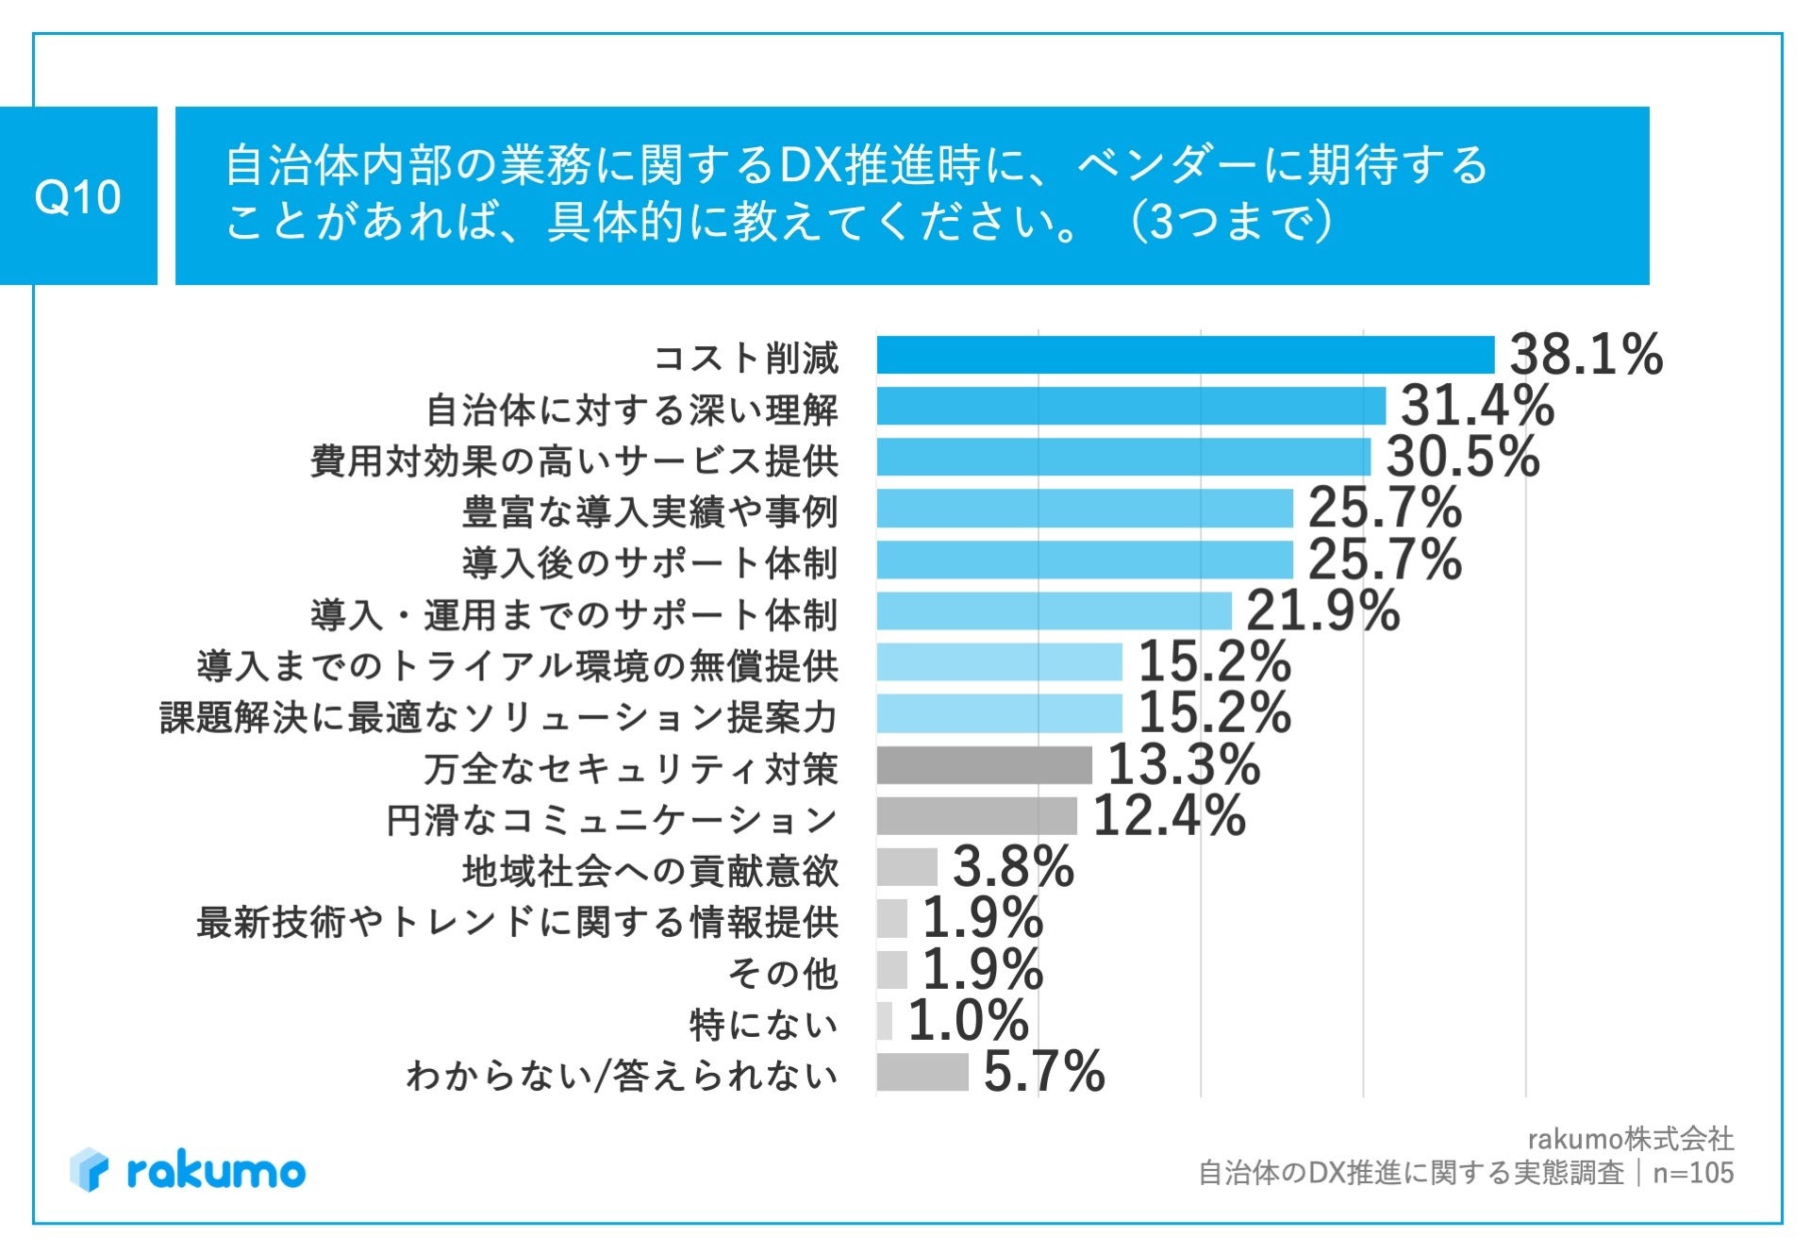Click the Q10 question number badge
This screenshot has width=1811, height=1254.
click(x=78, y=196)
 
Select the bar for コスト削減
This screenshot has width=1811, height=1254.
click(x=1185, y=356)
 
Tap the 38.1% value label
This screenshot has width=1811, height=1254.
click(x=1586, y=356)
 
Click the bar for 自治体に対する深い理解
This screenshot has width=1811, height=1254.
click(x=1130, y=407)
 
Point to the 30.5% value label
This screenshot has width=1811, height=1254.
click(x=1462, y=458)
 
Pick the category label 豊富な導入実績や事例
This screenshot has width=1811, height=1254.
click(x=650, y=512)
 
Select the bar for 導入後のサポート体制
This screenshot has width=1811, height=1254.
click(x=1084, y=560)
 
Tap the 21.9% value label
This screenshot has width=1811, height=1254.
click(x=1322, y=611)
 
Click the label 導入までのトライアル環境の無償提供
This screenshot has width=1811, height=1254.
click(x=517, y=666)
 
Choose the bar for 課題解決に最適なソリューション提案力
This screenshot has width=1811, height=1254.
click(x=999, y=714)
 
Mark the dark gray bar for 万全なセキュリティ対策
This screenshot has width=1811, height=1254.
click(x=984, y=765)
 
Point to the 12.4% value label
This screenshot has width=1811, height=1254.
click(x=1169, y=816)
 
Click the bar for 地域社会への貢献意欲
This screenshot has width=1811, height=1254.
click(x=906, y=867)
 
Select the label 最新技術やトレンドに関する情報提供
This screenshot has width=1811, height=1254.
click(x=517, y=922)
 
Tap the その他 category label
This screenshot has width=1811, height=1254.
click(x=782, y=973)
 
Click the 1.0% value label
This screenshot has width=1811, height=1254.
click(x=968, y=1021)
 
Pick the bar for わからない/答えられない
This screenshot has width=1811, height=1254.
click(x=922, y=1072)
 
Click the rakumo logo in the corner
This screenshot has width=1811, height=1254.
click(x=188, y=1171)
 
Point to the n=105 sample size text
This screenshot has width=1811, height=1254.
click(x=1693, y=1173)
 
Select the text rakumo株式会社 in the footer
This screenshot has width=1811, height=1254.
click(x=1630, y=1139)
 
